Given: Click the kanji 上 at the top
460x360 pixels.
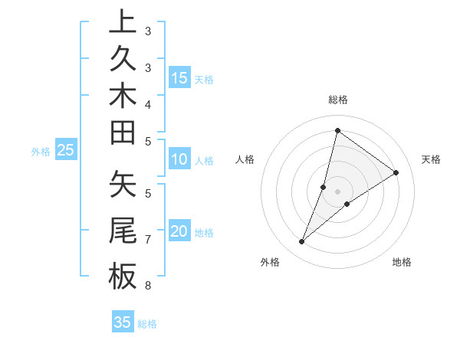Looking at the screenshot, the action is click(x=123, y=23).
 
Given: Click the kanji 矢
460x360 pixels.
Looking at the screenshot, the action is click(x=123, y=186).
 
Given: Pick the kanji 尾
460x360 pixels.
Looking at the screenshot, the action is click(x=123, y=231).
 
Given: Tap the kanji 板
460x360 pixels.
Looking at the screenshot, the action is click(x=123, y=277).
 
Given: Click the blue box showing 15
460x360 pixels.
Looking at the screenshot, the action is click(x=179, y=77).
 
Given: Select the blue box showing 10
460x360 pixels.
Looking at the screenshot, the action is click(x=179, y=160).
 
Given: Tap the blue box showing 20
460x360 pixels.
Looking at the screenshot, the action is click(x=179, y=232).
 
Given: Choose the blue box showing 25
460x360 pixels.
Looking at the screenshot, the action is click(x=66, y=151).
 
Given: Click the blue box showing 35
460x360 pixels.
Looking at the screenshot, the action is click(x=123, y=322).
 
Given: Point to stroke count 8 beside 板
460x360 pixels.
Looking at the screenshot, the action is click(x=148, y=286).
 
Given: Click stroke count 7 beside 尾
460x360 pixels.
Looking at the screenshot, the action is click(x=148, y=240).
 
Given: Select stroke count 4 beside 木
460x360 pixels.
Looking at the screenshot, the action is click(x=148, y=104).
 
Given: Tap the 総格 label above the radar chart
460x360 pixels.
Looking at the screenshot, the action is click(x=338, y=100).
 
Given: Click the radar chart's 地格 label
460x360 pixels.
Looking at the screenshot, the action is click(x=402, y=262).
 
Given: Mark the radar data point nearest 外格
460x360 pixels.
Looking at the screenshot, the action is click(x=302, y=242).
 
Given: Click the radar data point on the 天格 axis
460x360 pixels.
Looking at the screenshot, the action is click(x=396, y=172).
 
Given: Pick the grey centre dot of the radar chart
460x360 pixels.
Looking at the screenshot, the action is click(x=338, y=191).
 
